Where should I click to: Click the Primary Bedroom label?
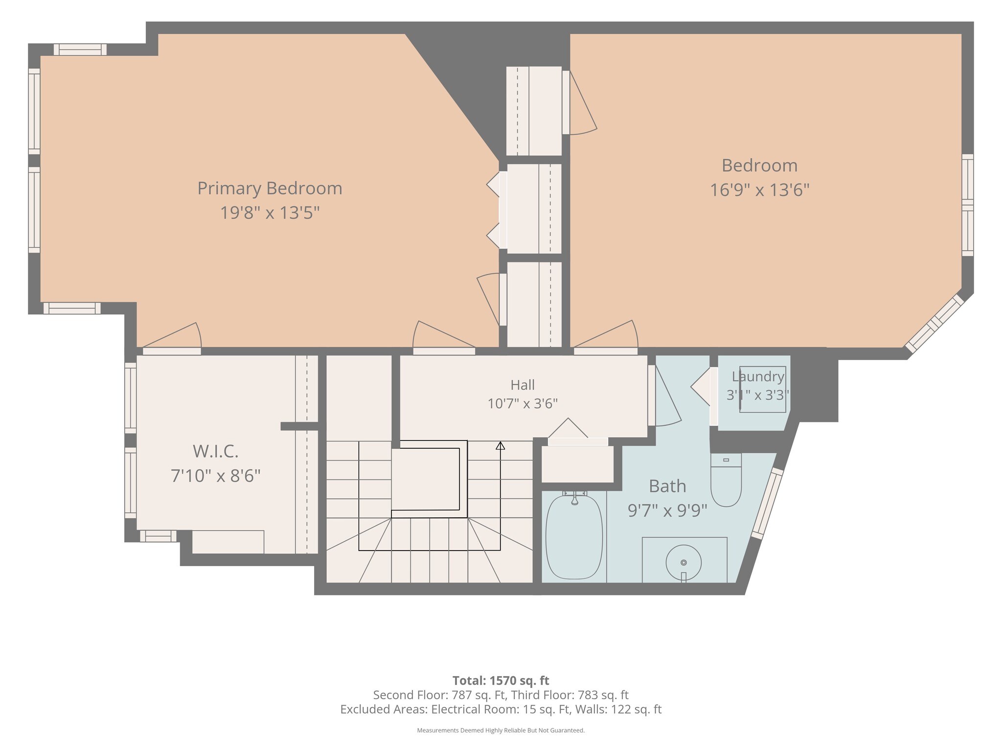pyautogui.click(x=270, y=188)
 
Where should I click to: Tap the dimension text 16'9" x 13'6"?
pyautogui.click(x=760, y=190)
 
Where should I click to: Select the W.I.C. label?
pyautogui.click(x=216, y=451)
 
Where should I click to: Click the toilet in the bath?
pyautogui.click(x=726, y=480)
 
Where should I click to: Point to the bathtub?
pyautogui.click(x=574, y=536)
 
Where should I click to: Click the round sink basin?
pyautogui.click(x=683, y=563)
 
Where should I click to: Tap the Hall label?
pyautogui.click(x=523, y=385)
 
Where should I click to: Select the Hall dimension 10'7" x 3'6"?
pyautogui.click(x=523, y=404)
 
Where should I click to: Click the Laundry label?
pyautogui.click(x=758, y=376)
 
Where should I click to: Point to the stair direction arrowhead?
pyautogui.click(x=500, y=446)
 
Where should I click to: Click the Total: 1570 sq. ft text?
pyautogui.click(x=501, y=681)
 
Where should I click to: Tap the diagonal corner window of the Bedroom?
pyautogui.click(x=934, y=323)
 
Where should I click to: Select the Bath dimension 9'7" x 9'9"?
pyautogui.click(x=667, y=510)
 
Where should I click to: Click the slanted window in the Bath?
pyautogui.click(x=768, y=504)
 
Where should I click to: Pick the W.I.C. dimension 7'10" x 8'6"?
pyautogui.click(x=216, y=475)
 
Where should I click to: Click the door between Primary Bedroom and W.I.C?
pyautogui.click(x=172, y=339)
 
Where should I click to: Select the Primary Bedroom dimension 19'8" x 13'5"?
pyautogui.click(x=270, y=213)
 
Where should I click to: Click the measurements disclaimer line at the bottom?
pyautogui.click(x=501, y=730)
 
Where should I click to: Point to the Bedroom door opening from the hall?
pyautogui.click(x=606, y=338)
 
